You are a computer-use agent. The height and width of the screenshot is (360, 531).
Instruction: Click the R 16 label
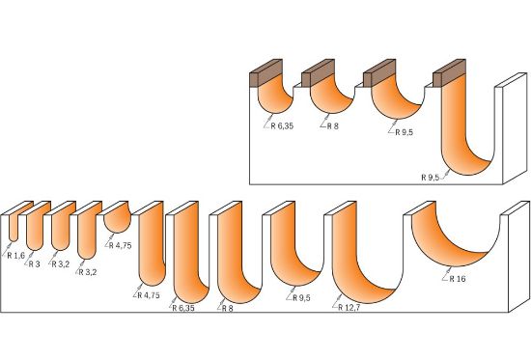(x=459, y=277)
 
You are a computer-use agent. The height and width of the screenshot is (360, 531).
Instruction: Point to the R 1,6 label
(x=15, y=256)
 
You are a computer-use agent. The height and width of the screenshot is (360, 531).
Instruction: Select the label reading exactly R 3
(x=35, y=263)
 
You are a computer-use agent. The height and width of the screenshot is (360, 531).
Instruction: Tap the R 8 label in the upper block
(x=332, y=125)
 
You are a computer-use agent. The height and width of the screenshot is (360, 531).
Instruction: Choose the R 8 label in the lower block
(x=227, y=308)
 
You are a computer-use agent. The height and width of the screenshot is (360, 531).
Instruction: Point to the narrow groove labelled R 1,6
(x=12, y=227)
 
